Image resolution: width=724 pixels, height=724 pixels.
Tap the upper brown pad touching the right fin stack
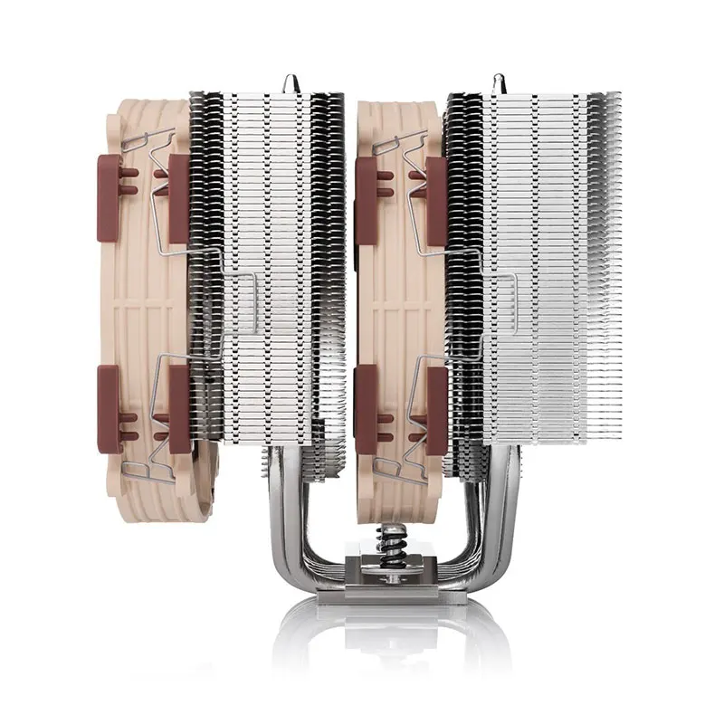coord(435,199)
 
